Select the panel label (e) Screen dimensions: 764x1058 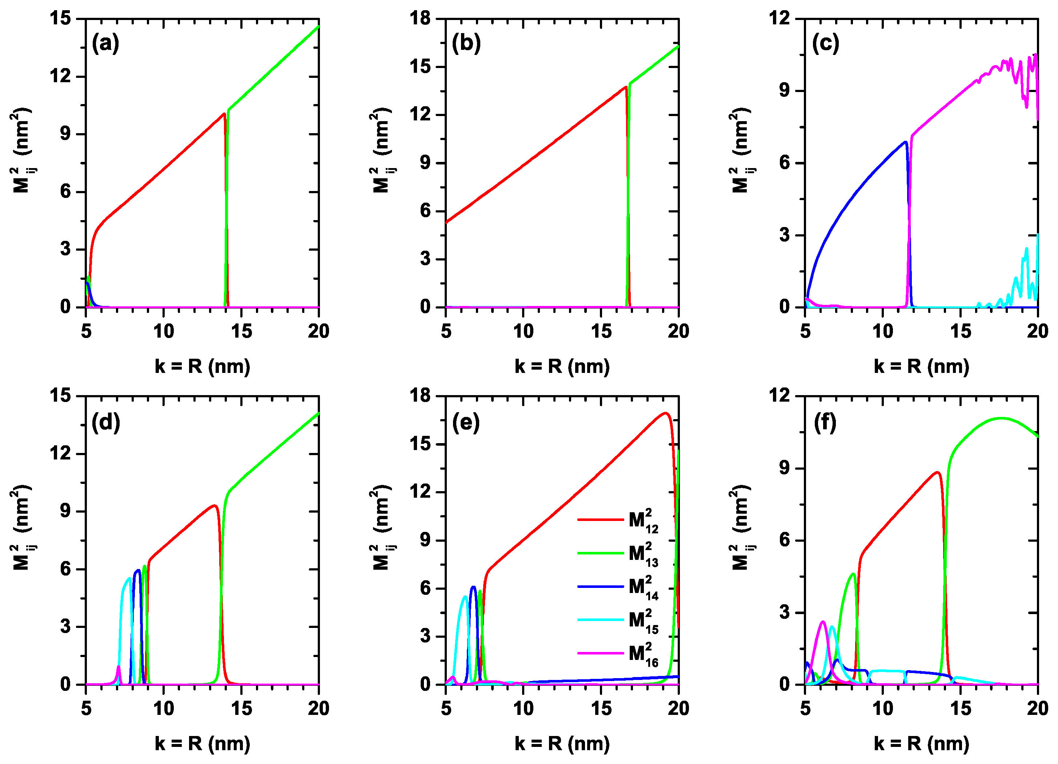tap(466, 423)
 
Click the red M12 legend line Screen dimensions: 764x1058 tap(600, 520)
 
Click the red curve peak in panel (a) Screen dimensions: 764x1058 tap(224, 114)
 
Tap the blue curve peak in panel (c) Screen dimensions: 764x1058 tap(905, 142)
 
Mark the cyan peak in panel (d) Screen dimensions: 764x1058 tap(129, 578)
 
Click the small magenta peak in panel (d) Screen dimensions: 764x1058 tap(119, 667)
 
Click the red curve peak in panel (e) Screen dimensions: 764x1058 tap(666, 413)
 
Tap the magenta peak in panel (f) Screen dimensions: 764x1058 tap(822, 622)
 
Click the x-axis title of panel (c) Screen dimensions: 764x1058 tap(921, 367)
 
